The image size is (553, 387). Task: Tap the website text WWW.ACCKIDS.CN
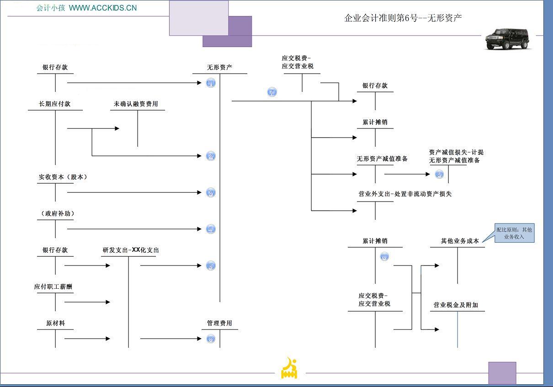102,8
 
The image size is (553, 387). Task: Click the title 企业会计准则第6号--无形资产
403,18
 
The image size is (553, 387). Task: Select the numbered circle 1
211,83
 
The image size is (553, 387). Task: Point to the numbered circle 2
211,156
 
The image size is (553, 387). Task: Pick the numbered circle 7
272,92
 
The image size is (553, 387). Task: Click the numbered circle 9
439,174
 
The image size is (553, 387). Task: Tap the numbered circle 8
384,257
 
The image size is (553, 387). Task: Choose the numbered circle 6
211,339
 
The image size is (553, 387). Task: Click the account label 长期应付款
55,104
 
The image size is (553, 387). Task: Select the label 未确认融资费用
136,104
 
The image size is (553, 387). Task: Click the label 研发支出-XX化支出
131,250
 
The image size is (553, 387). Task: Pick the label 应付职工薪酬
53,286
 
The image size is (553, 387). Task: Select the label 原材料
55,323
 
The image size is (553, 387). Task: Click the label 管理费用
219,323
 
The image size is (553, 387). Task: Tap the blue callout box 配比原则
514,233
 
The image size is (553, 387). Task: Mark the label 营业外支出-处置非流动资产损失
405,194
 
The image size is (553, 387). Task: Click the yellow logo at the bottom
289,368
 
